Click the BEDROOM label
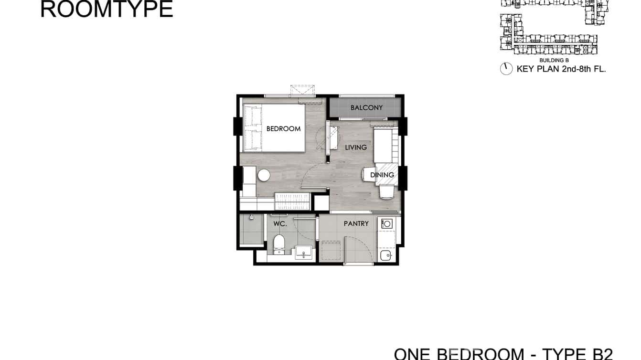coord(283,128)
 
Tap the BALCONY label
coord(366,108)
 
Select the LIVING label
coord(356,148)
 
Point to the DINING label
coord(382,175)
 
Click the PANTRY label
coord(356,223)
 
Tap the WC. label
coord(280,223)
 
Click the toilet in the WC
coord(279,244)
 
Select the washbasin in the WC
coord(303,252)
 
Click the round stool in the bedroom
coord(264,175)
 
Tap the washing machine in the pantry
coord(386,223)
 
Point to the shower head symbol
coord(251,218)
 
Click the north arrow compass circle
coord(506,69)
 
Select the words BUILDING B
coord(554,61)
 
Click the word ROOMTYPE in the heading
coord(107,10)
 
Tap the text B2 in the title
coord(601,354)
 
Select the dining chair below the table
coord(387,191)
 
